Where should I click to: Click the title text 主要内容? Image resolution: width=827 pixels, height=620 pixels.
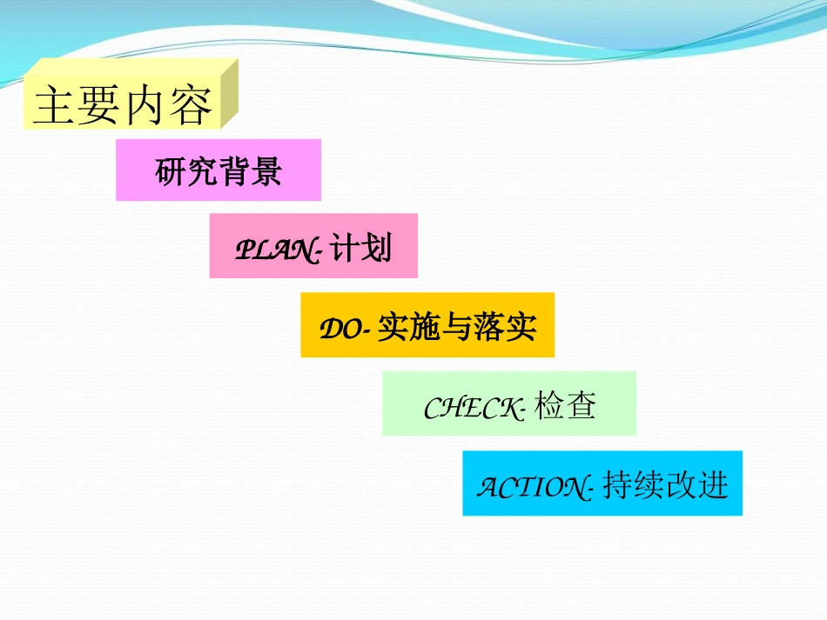point(122,106)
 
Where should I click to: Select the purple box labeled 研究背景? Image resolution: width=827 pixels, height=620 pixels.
point(219,170)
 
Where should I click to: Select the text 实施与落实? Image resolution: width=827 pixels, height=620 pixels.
point(457,328)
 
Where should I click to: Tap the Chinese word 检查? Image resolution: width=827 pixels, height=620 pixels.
point(566,406)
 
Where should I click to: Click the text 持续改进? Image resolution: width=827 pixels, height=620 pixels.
point(665,485)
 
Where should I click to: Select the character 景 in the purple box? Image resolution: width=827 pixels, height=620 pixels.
point(267,170)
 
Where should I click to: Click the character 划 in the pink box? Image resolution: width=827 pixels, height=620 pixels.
point(378,250)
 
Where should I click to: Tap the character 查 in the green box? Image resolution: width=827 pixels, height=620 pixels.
point(582,406)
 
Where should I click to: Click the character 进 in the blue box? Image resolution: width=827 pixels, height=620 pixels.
point(713,485)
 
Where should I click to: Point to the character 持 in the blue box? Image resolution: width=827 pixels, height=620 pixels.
point(617,485)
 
